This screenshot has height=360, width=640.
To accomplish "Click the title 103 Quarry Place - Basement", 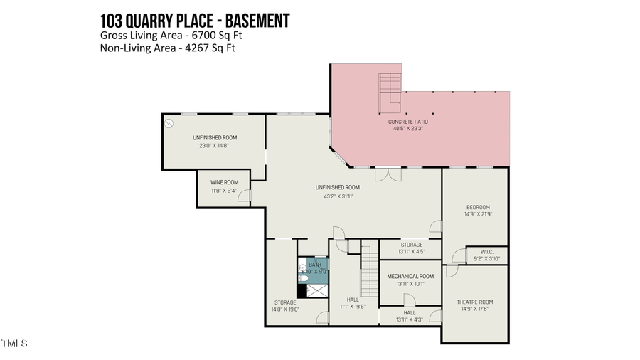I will coord(195,21).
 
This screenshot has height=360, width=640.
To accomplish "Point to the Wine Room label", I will coord(223,182).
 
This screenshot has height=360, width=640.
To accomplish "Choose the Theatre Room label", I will coord(474,302).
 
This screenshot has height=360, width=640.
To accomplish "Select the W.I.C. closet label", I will coord(487,250).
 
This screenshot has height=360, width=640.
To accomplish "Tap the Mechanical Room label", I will coord(410,276).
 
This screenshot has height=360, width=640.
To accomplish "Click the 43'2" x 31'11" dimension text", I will coord(338,196).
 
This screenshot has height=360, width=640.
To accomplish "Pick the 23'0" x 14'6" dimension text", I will coord(214,145).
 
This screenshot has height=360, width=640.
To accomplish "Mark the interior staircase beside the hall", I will coord(368,272).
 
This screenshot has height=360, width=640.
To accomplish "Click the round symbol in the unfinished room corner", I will coord(169,123).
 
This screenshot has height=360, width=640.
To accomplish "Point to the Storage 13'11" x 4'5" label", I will coord(410,248).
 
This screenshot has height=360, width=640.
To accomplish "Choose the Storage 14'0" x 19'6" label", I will coord(285,306).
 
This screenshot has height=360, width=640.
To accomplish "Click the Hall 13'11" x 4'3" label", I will coord(410,316).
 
